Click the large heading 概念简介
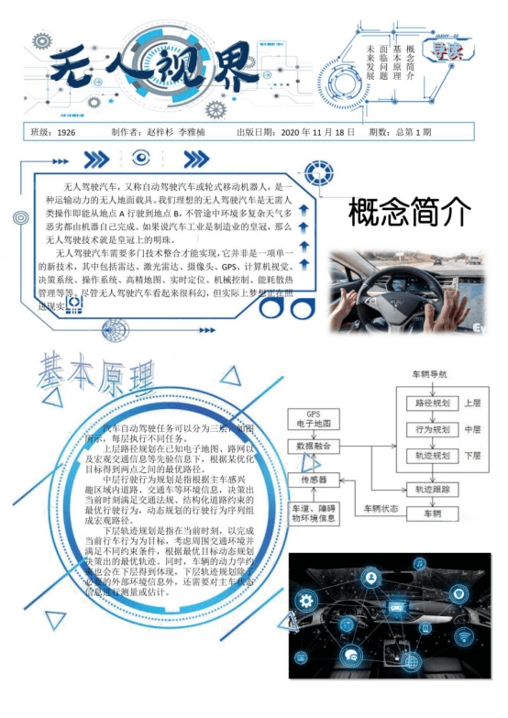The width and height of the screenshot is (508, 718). click(409, 214)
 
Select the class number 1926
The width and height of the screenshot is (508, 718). click(66, 132)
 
